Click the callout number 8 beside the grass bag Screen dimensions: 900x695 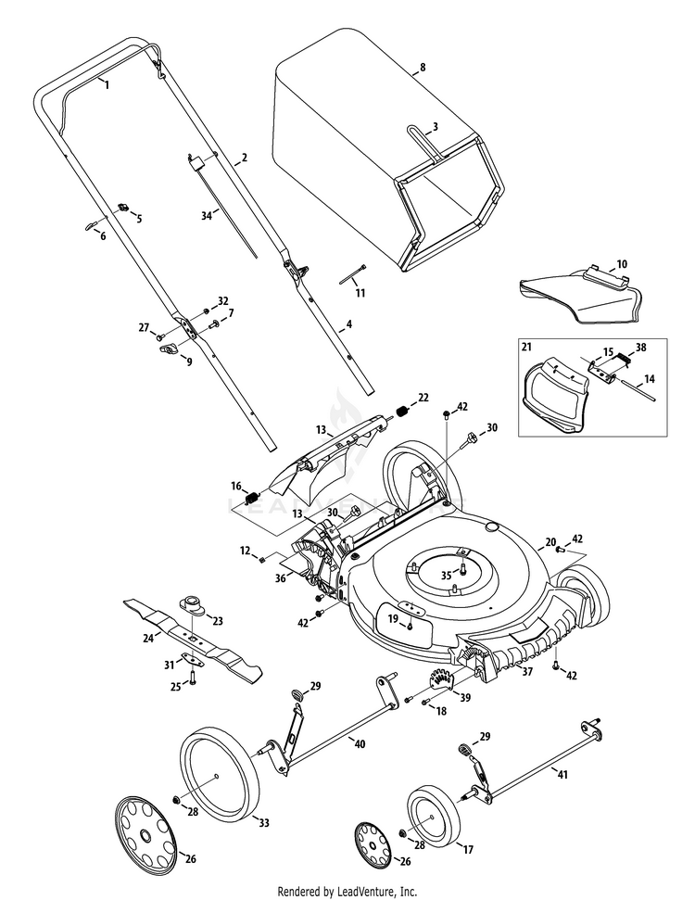tap(423, 68)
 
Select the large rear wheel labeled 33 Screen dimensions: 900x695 tap(217, 775)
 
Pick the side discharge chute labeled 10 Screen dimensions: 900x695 tap(578, 297)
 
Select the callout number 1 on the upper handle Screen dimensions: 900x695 tap(107, 84)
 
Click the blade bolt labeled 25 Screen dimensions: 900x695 tap(194, 679)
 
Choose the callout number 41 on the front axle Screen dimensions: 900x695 tap(562, 771)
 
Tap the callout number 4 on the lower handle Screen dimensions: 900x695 tap(348, 326)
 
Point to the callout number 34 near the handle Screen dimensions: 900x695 tap(206, 215)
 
